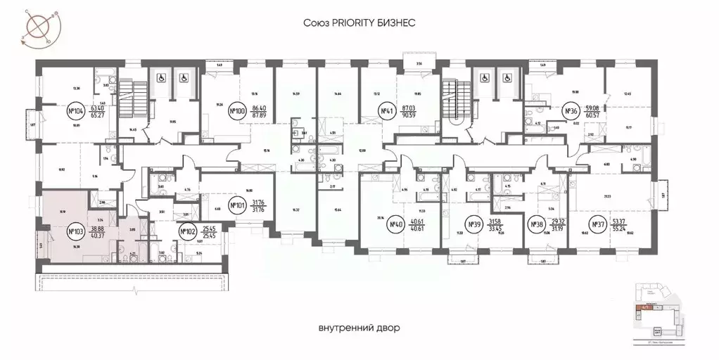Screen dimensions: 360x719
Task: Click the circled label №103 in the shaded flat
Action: click(x=75, y=231)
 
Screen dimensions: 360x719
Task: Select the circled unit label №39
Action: click(x=476, y=225)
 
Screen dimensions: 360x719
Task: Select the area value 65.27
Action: click(x=97, y=115)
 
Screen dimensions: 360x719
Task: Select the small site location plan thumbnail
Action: click(x=660, y=309)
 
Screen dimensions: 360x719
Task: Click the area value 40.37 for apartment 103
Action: click(x=96, y=236)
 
